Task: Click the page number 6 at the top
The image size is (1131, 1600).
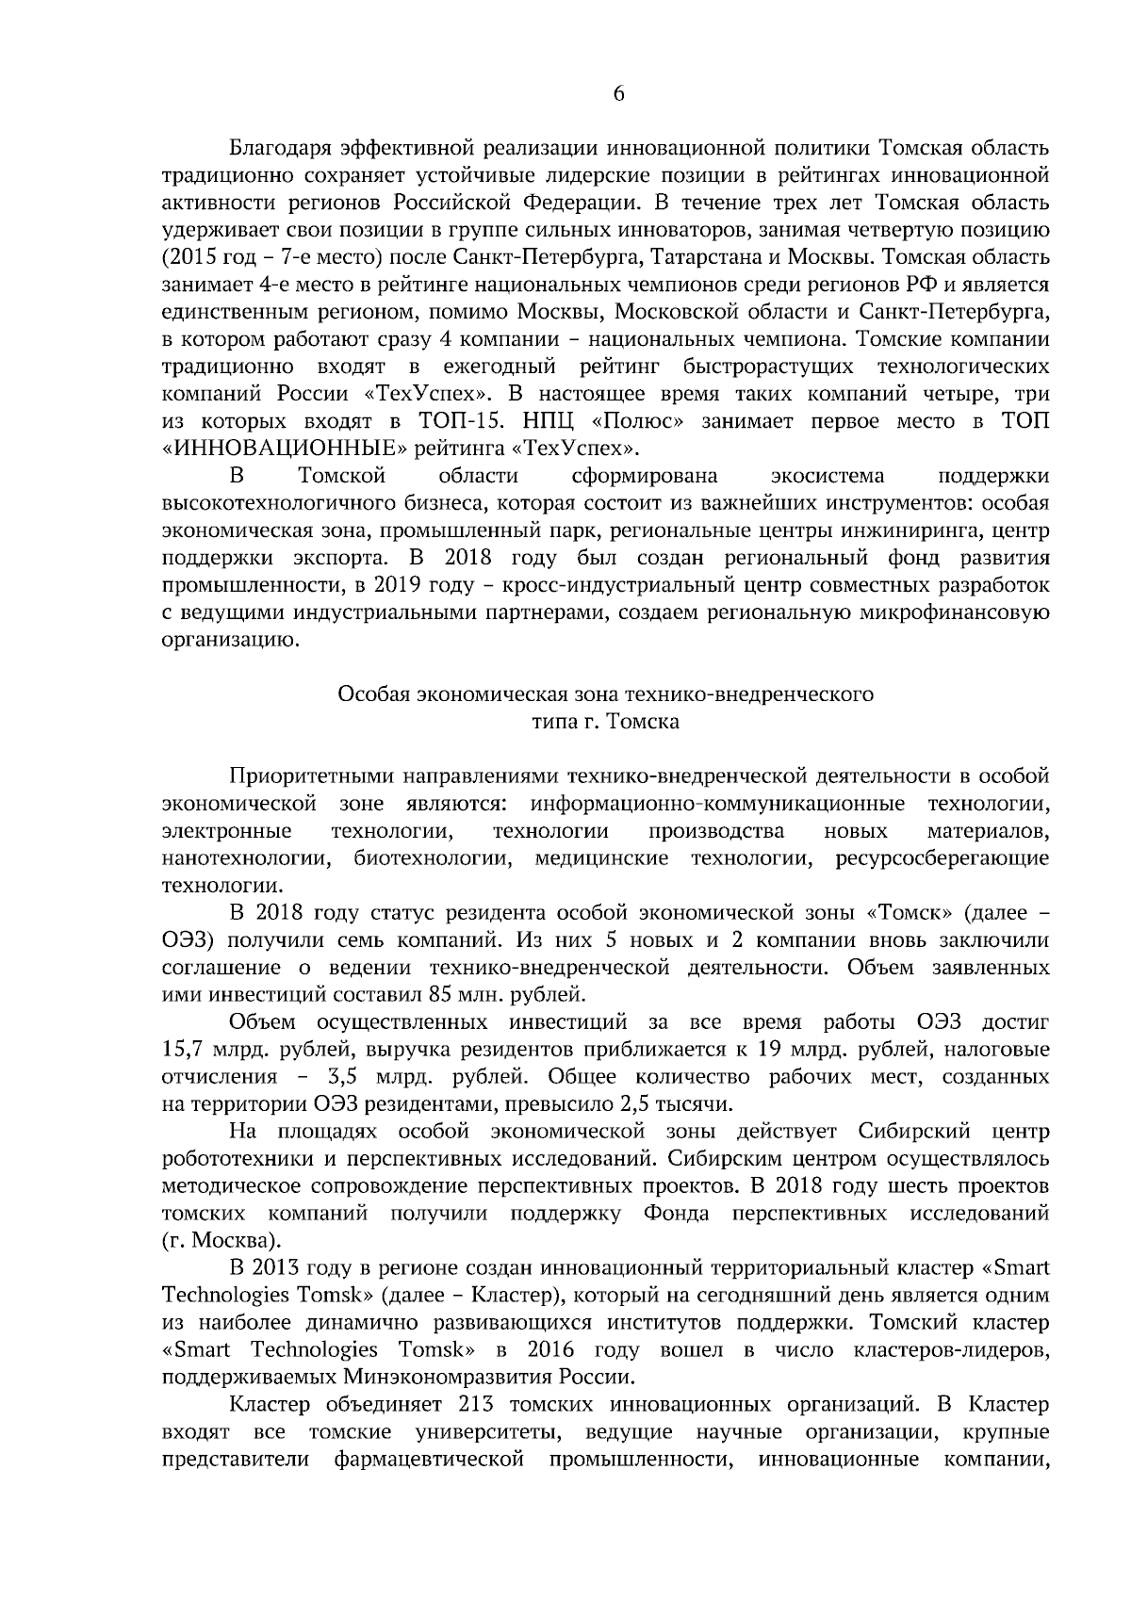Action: click(619, 93)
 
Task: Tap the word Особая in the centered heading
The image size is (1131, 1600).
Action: click(369, 695)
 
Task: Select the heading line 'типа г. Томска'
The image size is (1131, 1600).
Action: click(604, 723)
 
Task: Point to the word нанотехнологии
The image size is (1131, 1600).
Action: click(246, 859)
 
